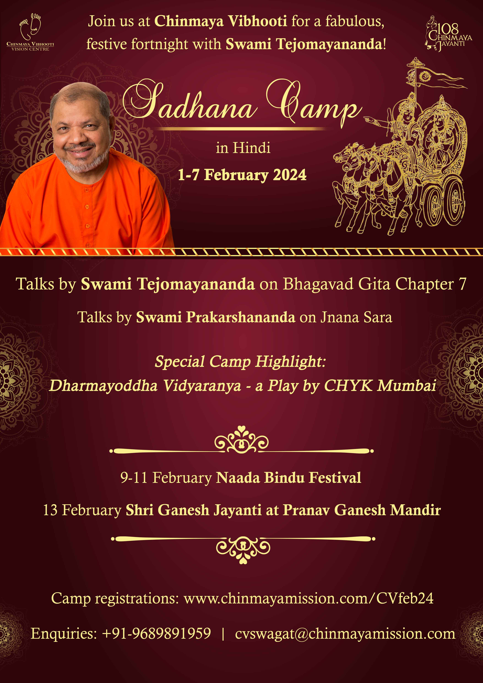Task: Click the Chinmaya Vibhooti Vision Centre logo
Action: click(30, 32)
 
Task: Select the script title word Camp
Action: click(314, 103)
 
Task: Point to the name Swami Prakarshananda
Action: click(216, 317)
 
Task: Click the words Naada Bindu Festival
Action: click(288, 477)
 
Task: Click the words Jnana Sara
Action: click(356, 317)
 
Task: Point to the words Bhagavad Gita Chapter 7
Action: click(374, 284)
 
